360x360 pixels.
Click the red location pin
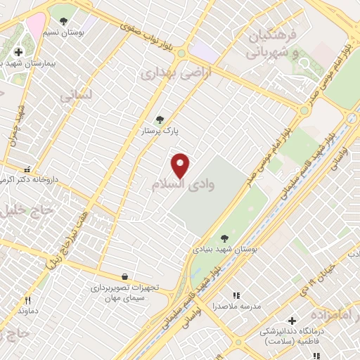click(x=181, y=165)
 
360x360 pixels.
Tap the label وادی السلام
click(x=183, y=184)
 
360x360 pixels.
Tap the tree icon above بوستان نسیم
click(x=65, y=22)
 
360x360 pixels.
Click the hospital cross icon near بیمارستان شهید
click(x=18, y=52)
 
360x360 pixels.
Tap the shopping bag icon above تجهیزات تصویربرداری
click(x=124, y=276)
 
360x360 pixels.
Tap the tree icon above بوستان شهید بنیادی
click(x=224, y=238)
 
